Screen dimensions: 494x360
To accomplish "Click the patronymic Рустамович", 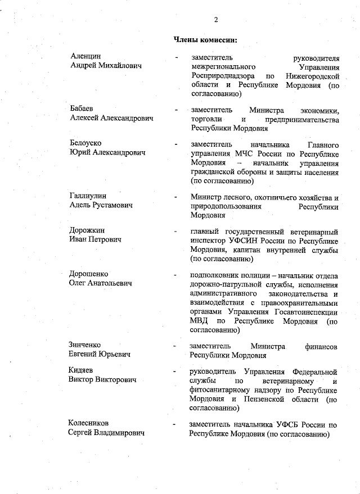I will click(x=112, y=206).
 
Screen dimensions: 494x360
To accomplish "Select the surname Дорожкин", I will click(x=87, y=230).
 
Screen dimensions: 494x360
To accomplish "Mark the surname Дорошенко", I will click(x=89, y=274).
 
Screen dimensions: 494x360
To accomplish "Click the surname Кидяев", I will click(x=82, y=371).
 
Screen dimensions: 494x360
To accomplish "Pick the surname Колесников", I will click(x=89, y=423).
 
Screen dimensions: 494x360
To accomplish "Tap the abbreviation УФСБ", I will click(x=290, y=424).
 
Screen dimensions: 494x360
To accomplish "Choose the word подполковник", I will click(x=217, y=274).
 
